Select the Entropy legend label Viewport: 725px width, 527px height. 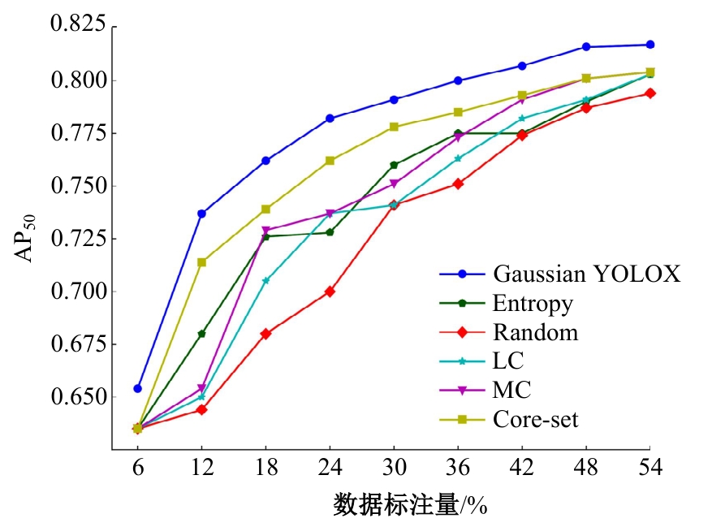coord(533,303)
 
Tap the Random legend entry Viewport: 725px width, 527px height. coord(535,331)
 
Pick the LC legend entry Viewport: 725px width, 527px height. coord(508,361)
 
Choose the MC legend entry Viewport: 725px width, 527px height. coord(511,390)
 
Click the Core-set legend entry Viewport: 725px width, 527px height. coord(535,419)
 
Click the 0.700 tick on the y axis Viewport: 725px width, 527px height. coord(78,292)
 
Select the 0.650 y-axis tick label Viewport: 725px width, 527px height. coord(78,397)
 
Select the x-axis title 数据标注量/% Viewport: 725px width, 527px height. coord(409,506)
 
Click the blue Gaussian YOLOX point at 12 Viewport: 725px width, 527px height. coord(201,214)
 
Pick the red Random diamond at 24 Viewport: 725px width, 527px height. coord(330,292)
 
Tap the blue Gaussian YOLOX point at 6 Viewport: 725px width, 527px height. coord(138,388)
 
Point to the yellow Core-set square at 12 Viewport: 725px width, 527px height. coord(201,262)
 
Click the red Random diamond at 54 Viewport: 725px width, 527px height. coord(650,93)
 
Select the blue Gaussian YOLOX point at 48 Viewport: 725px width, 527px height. coord(586,47)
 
